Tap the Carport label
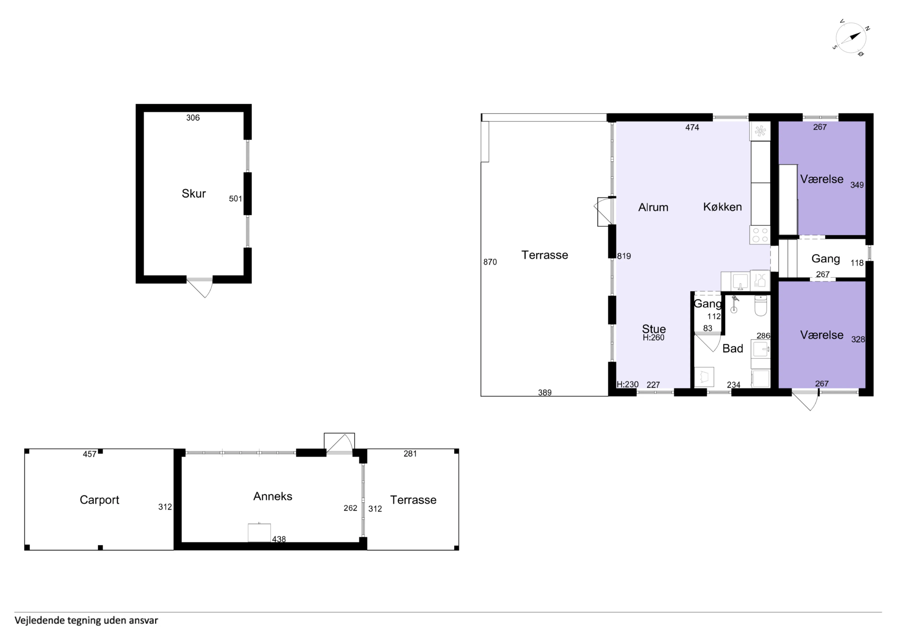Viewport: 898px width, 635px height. [x=99, y=500]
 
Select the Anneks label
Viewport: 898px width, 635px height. [x=273, y=496]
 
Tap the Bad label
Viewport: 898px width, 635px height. [x=733, y=348]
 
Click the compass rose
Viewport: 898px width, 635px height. [x=851, y=38]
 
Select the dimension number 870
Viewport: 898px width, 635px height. [x=490, y=262]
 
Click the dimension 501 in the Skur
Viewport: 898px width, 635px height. [x=235, y=199]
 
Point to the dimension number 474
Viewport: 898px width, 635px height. [x=692, y=127]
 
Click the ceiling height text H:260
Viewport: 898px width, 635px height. [x=653, y=338]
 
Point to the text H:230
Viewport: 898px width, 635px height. [x=627, y=384]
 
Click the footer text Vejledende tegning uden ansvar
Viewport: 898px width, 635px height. [x=87, y=620]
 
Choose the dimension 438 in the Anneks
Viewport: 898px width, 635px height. [x=279, y=539]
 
